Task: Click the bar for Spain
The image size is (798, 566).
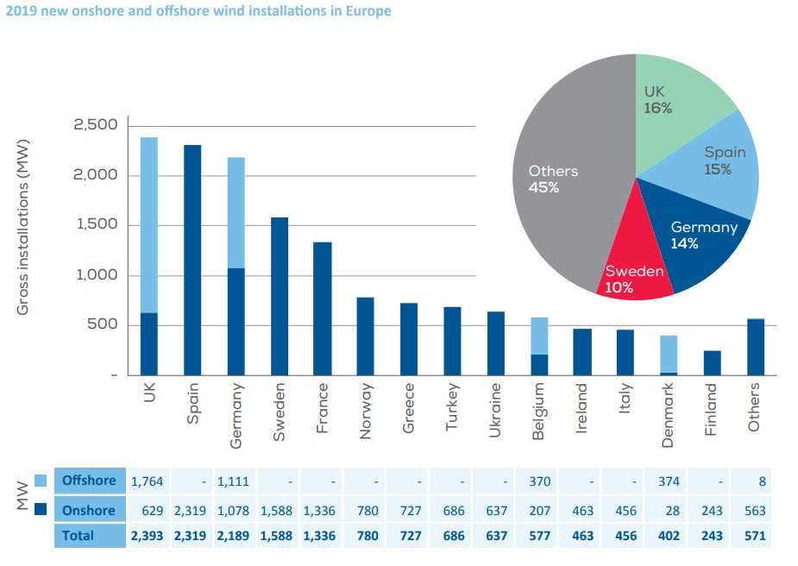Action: click(x=192, y=259)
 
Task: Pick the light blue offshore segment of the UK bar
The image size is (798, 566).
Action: click(x=149, y=224)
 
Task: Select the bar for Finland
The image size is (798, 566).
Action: click(x=713, y=362)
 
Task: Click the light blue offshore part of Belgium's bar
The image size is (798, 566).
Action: click(x=539, y=336)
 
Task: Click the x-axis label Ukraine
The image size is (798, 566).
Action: click(x=495, y=411)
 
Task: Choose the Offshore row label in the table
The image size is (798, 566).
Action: click(x=89, y=480)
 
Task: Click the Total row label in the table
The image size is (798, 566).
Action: click(x=79, y=536)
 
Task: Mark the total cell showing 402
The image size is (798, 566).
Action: click(x=668, y=536)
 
